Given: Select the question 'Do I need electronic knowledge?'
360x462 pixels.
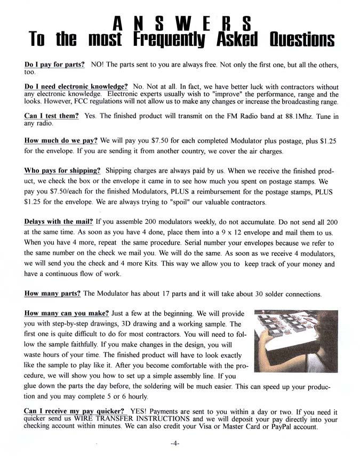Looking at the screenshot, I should click(76, 86).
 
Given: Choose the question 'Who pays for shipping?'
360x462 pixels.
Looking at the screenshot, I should click(62, 171).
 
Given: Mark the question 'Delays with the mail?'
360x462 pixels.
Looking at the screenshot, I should click(59, 221).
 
